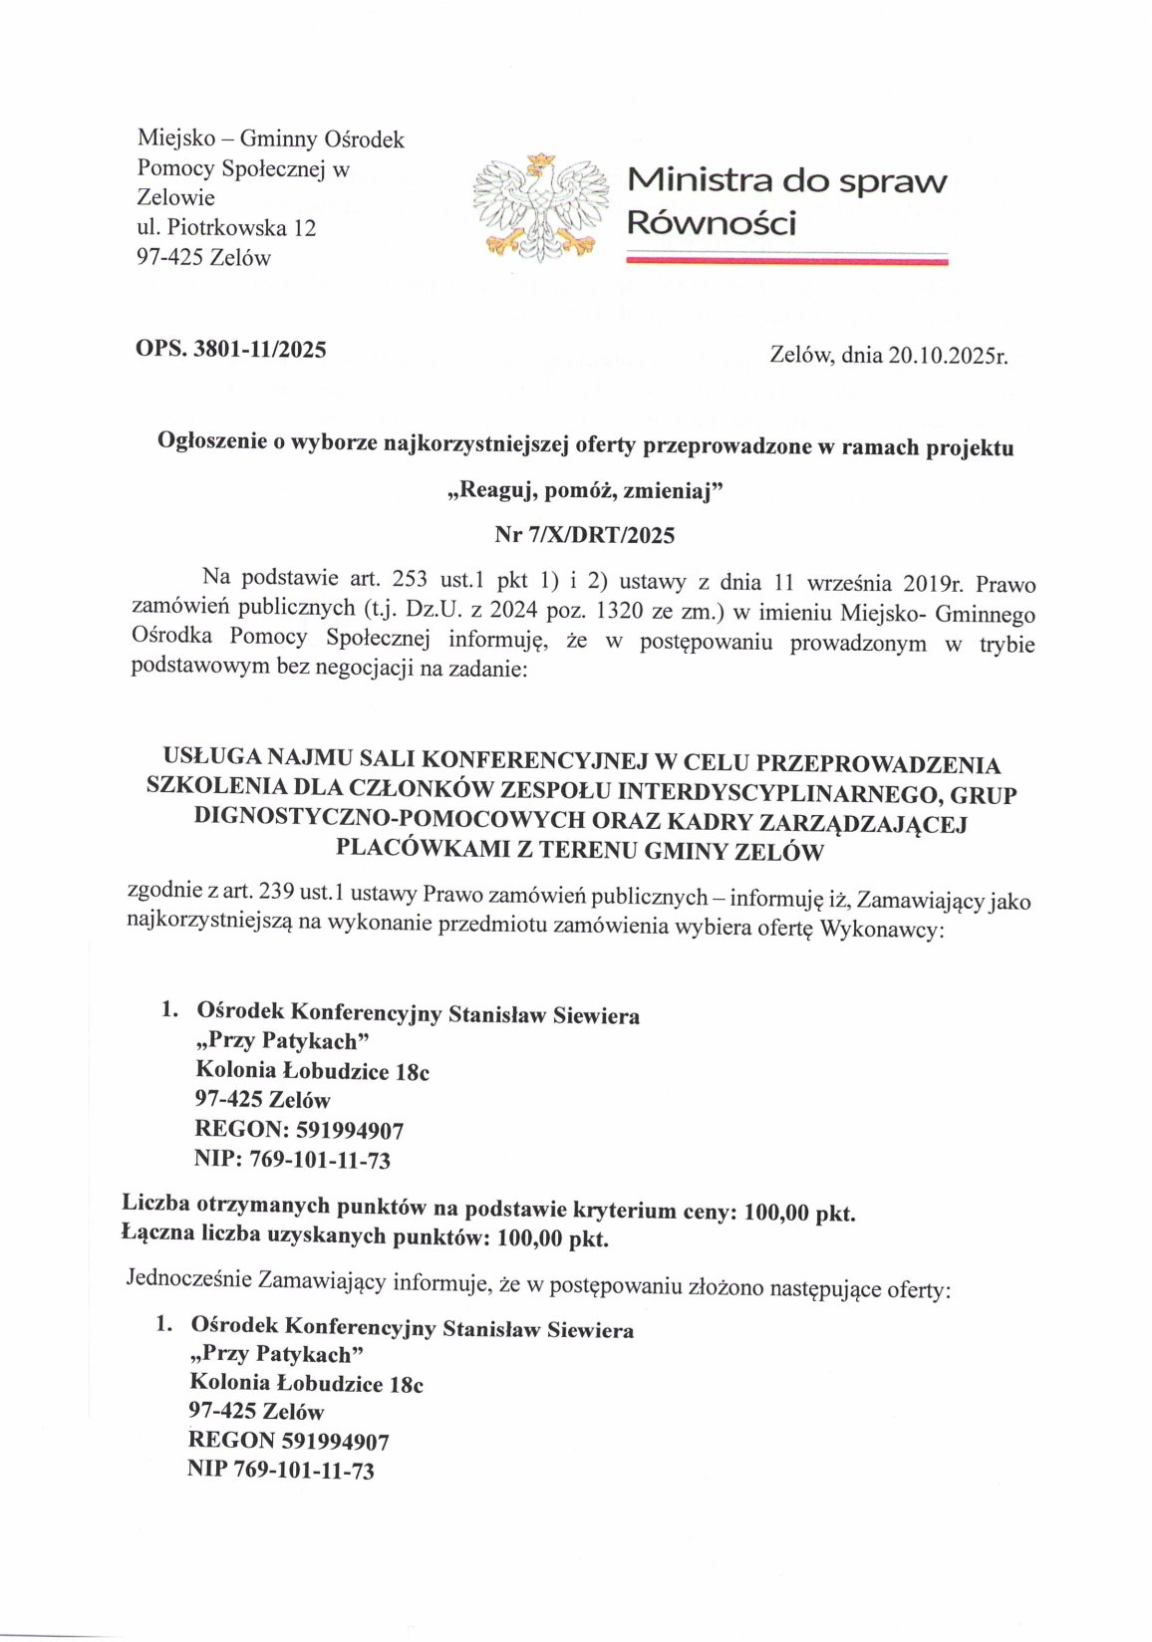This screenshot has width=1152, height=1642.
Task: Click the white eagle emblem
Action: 539,206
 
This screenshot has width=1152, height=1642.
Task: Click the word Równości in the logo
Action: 711,223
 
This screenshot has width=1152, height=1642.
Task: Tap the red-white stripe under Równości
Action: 786,261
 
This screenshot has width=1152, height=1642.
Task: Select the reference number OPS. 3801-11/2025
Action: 231,349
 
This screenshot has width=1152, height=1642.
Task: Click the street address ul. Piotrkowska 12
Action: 226,228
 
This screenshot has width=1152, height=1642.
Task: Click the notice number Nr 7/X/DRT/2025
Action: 584,535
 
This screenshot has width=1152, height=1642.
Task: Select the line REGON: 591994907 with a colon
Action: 299,1130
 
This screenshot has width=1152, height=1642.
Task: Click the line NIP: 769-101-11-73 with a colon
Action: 292,1160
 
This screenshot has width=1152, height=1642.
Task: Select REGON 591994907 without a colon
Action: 288,1441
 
